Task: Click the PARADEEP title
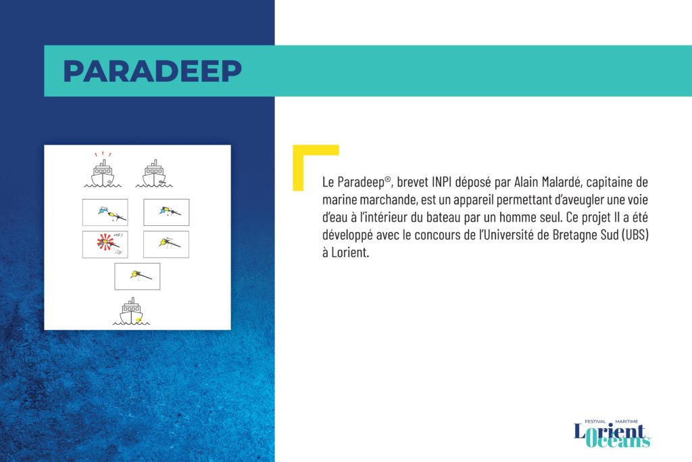click(x=152, y=70)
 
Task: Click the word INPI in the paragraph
click(x=442, y=182)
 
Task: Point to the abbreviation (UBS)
click(x=635, y=235)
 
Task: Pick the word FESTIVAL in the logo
click(x=595, y=422)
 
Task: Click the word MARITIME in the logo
click(x=626, y=422)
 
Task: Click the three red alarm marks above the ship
click(x=103, y=154)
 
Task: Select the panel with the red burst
click(x=105, y=244)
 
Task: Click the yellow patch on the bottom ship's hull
click(x=139, y=319)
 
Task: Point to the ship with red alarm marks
click(x=103, y=174)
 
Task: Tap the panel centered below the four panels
click(x=137, y=277)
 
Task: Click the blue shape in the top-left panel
click(x=103, y=210)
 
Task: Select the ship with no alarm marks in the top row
click(x=154, y=174)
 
